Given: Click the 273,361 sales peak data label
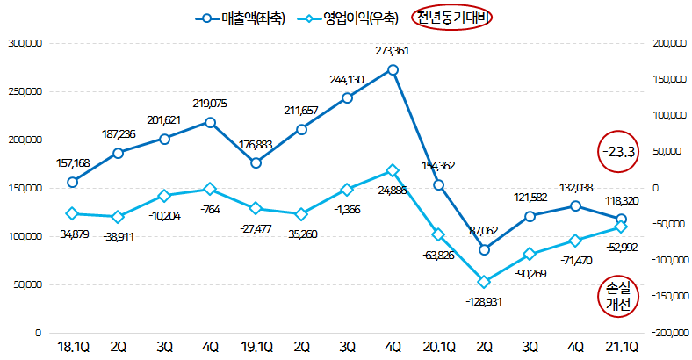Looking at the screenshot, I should coord(391,50).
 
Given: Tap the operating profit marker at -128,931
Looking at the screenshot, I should coord(485,282).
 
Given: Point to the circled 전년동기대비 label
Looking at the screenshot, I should coord(454,18).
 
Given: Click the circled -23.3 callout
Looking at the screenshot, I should coord(619,152).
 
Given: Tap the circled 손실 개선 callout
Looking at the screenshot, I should coord(618,296).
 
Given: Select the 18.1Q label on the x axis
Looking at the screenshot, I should coord(73,347).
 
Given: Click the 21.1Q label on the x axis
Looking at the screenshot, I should coord(621,347).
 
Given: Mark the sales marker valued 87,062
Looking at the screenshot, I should coord(485,250).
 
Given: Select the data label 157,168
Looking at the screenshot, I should coord(73,163).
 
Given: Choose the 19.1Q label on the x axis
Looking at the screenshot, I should coord(256,347).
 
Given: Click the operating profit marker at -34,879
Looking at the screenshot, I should coord(72,213).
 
